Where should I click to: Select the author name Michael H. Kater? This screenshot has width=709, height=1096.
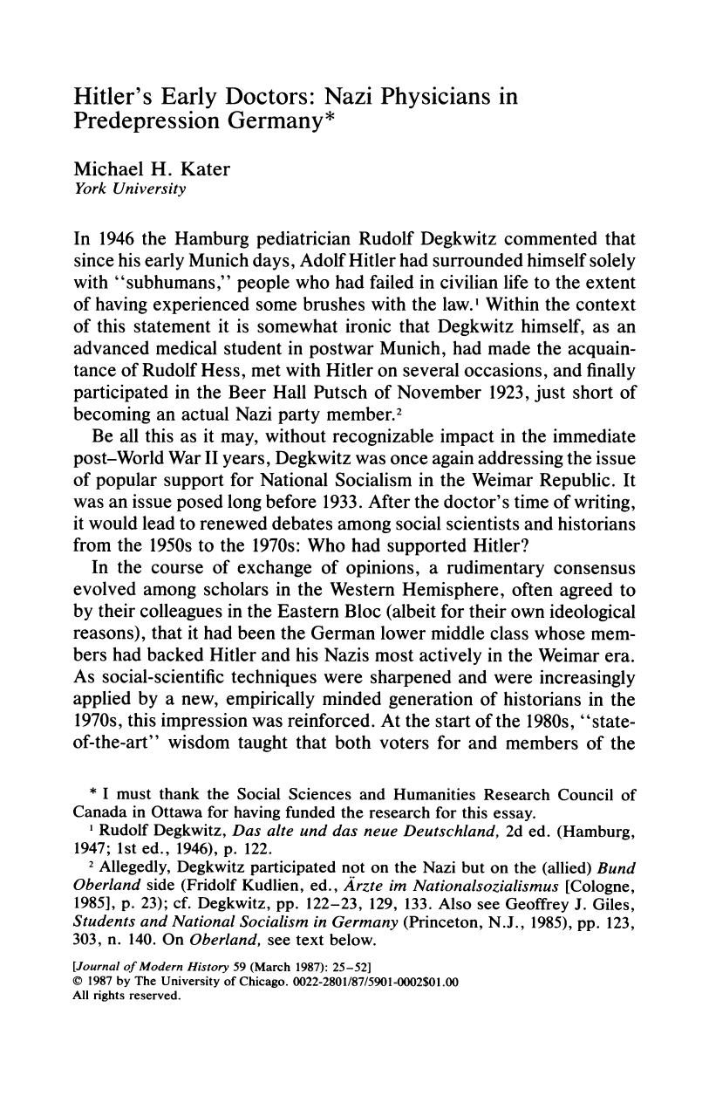click(x=153, y=169)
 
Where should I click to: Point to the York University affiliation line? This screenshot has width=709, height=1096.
click(x=130, y=189)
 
